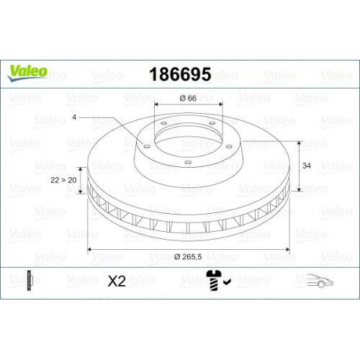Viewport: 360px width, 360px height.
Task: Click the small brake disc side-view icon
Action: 28,280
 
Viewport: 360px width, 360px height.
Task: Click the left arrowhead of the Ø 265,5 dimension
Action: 89,249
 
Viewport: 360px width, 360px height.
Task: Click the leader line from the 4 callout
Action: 115,127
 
